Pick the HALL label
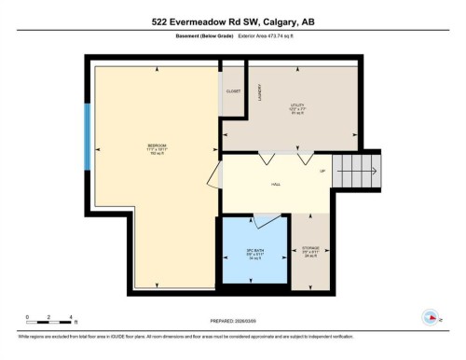[276, 185]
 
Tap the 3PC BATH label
[254, 253]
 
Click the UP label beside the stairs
[322, 172]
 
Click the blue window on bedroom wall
[88, 143]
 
